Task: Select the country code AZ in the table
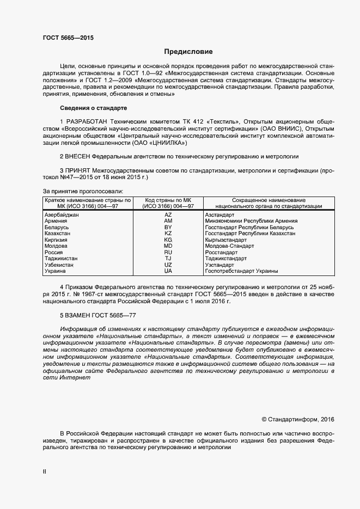click(168, 216)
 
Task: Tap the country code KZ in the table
click(168, 234)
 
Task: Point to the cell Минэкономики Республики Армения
click(251, 221)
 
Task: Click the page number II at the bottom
click(45, 472)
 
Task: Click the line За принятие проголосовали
click(83, 191)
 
